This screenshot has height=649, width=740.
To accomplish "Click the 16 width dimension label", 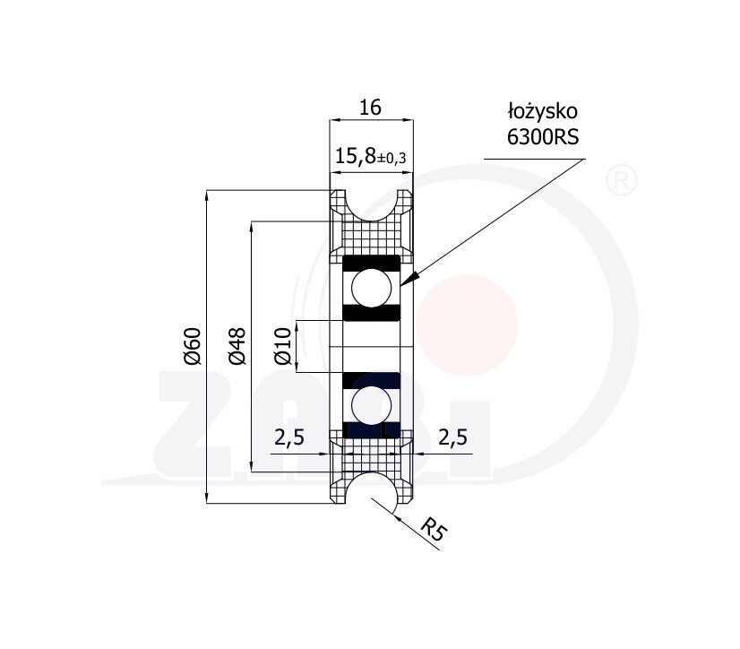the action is click(370, 108).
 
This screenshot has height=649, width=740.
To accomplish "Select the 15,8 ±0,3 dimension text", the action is click(371, 156).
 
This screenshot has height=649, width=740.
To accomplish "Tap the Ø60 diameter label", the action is click(193, 346).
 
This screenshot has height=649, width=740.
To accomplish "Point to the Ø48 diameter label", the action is click(237, 346).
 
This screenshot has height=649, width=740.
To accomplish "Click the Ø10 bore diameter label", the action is click(283, 346).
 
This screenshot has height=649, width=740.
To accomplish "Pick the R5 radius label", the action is click(434, 529).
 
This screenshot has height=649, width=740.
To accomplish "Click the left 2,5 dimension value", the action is click(289, 437).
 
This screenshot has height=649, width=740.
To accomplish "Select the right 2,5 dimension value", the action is click(452, 437).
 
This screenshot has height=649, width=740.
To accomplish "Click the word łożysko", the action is click(543, 112).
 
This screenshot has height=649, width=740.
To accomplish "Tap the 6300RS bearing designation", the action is click(543, 137).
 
